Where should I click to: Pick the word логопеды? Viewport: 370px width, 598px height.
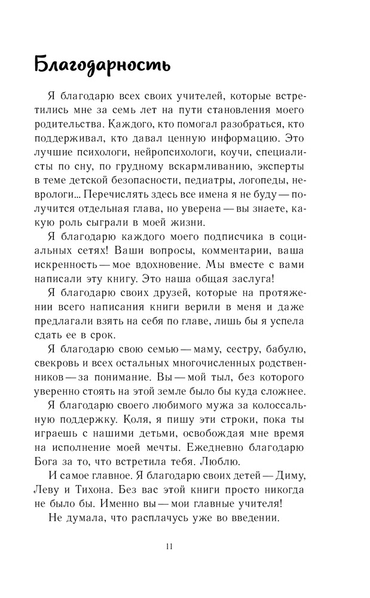[279, 180]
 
